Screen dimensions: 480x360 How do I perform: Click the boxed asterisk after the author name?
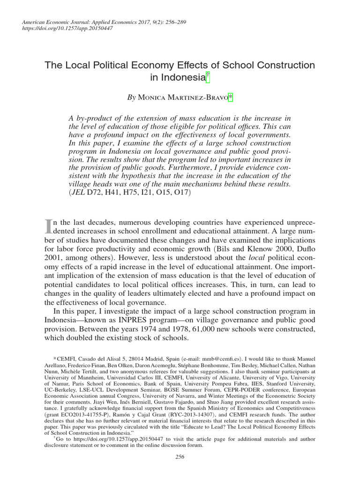click(230, 97)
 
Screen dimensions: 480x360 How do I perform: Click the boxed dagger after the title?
click(208, 76)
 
